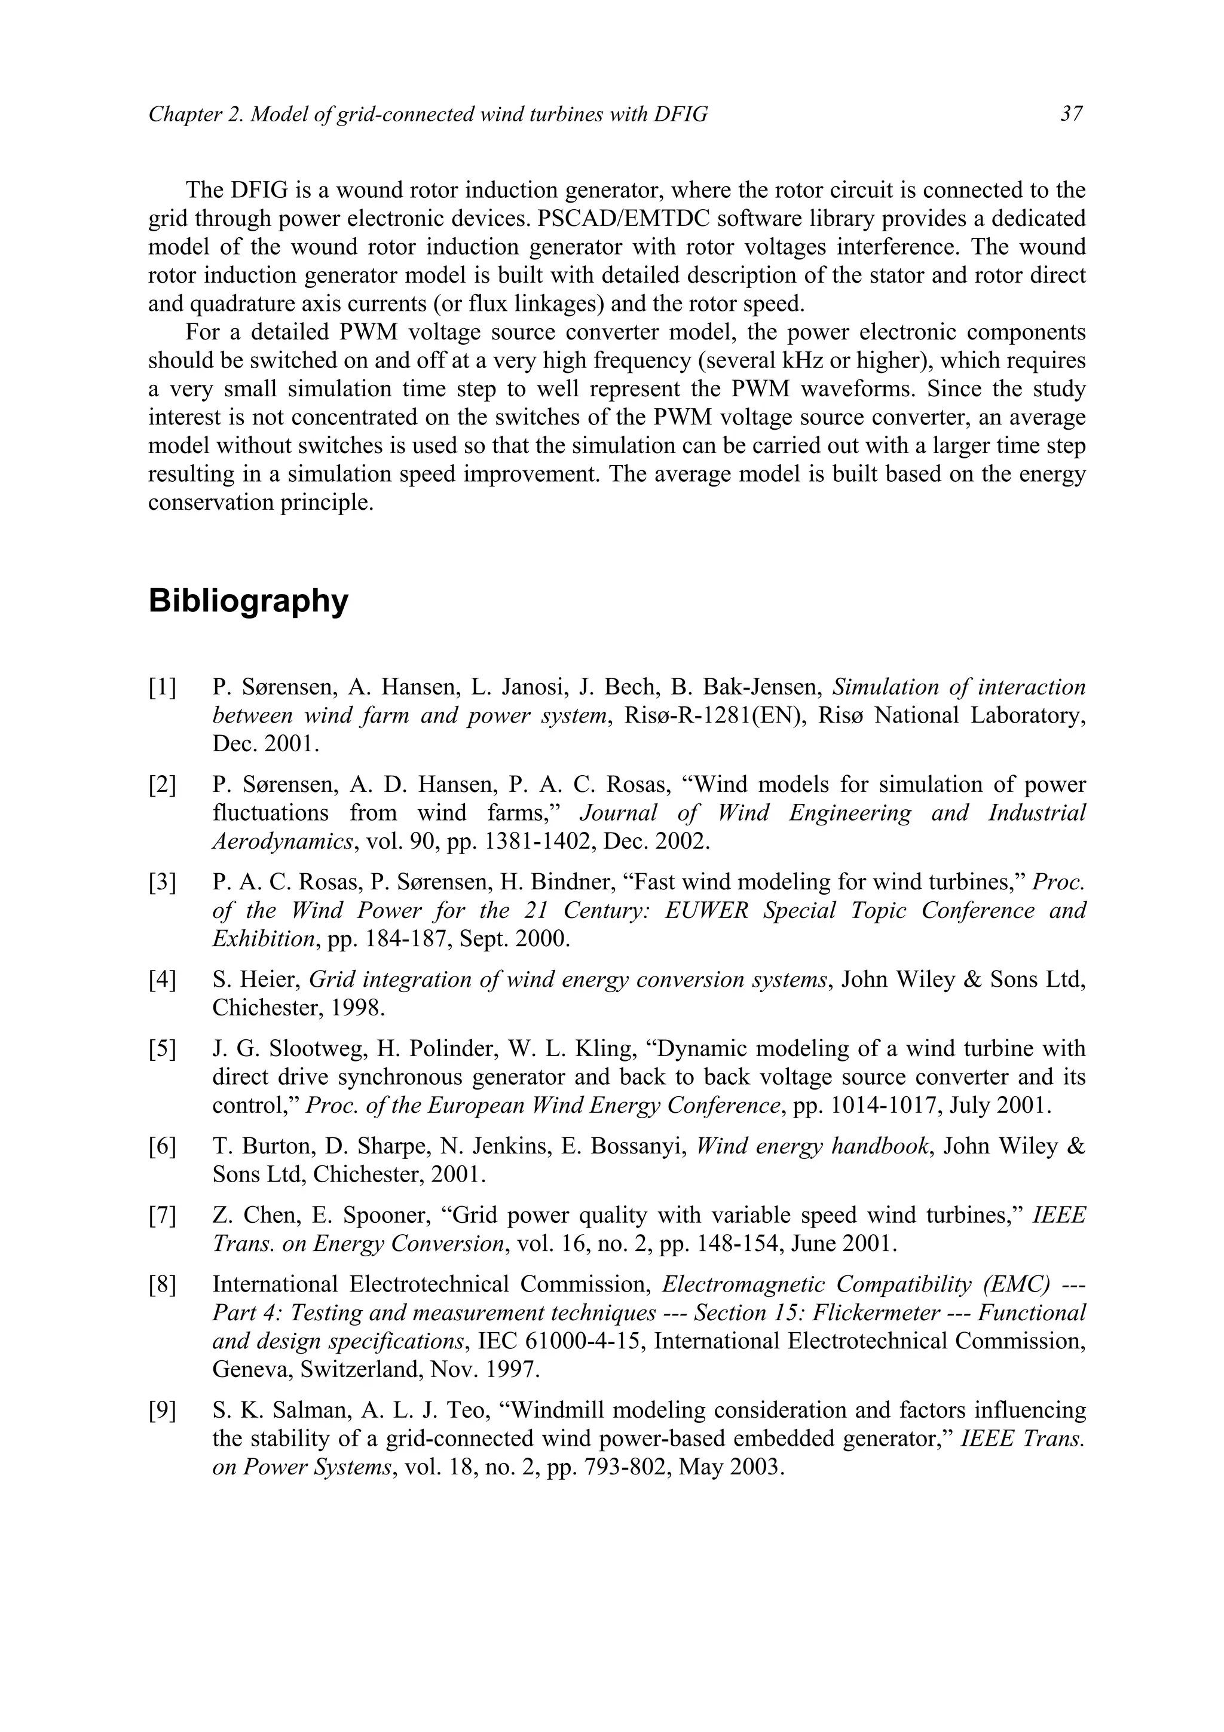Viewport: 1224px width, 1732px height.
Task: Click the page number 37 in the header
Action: click(x=1072, y=114)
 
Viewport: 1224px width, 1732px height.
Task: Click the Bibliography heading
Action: click(x=248, y=601)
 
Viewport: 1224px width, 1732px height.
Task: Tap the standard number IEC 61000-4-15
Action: click(x=555, y=1341)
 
